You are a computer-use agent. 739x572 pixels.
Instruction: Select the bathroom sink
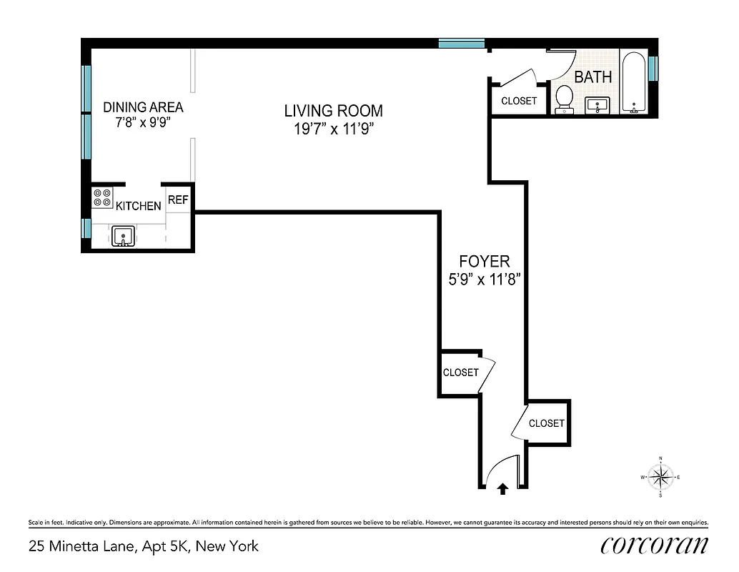click(596, 105)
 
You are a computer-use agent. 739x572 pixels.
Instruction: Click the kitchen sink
click(124, 236)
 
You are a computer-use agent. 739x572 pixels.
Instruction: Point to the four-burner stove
click(102, 198)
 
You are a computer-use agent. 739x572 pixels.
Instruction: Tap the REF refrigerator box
click(178, 200)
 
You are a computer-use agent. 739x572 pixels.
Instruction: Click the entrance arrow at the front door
click(502, 488)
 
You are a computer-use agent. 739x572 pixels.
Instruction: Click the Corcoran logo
click(654, 545)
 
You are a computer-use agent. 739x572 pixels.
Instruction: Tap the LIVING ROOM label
click(333, 111)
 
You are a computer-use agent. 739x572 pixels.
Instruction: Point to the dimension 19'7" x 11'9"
click(333, 129)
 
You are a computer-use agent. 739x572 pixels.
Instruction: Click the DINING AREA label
click(143, 107)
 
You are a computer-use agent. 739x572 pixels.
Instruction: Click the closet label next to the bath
click(518, 101)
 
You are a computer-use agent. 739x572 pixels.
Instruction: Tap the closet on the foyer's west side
click(460, 373)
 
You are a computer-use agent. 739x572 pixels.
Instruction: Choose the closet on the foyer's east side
click(547, 423)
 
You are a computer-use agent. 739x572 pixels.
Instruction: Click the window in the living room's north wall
click(462, 44)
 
